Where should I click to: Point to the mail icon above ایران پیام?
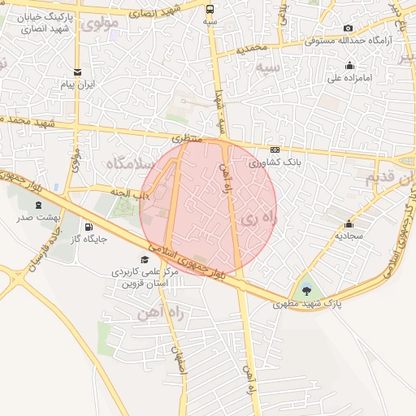click(78, 71)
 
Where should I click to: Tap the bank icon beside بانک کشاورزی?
click(275, 149)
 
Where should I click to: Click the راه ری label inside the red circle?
click(260, 218)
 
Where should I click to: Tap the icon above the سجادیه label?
click(349, 223)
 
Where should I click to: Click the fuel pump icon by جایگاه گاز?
click(89, 227)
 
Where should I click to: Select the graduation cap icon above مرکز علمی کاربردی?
click(145, 260)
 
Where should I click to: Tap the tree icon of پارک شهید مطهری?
click(306, 289)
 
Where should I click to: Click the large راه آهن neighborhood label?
click(165, 312)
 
